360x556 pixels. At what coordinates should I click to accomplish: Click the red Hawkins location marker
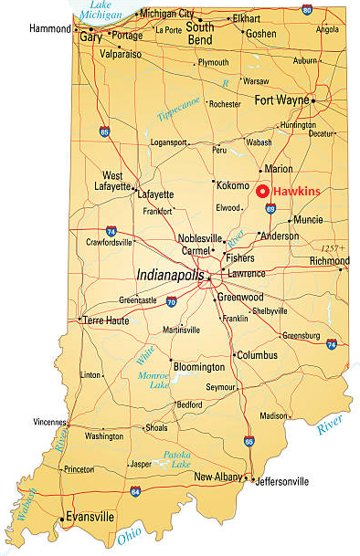(x=262, y=192)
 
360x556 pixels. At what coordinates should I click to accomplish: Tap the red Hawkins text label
(x=297, y=192)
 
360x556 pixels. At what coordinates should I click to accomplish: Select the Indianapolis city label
(x=170, y=274)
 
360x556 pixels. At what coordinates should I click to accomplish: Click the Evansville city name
(x=90, y=517)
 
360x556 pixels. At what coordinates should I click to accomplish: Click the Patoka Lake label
(x=177, y=459)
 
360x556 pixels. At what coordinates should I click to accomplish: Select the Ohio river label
(x=129, y=536)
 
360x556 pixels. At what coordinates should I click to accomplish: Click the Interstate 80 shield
(x=307, y=9)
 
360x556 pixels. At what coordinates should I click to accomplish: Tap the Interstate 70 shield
(x=172, y=302)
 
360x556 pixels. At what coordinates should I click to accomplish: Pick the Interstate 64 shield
(x=135, y=491)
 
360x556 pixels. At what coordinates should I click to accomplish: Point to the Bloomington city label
(x=198, y=367)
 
